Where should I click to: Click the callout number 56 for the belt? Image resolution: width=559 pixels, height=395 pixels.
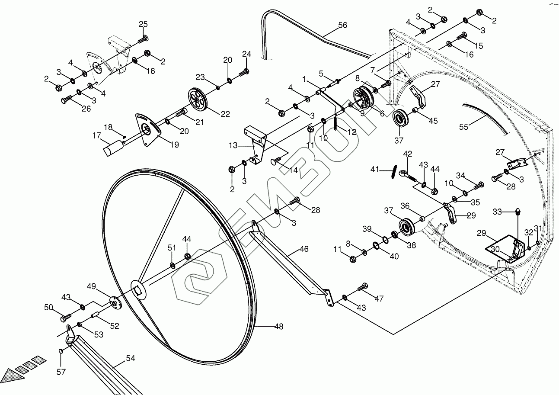tap(342, 26)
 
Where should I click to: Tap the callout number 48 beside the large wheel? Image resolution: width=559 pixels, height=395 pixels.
tap(279, 327)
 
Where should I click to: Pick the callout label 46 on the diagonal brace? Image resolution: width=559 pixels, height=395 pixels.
tap(304, 249)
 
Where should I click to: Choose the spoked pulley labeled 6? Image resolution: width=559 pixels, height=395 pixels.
tap(362, 96)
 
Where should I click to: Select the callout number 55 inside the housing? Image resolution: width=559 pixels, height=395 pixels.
tap(464, 127)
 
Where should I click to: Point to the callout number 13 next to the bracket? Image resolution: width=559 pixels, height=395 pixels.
tap(233, 146)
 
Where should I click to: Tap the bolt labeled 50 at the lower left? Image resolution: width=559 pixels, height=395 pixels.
tap(65, 318)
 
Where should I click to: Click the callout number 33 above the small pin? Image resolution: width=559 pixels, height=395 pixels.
tap(497, 212)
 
